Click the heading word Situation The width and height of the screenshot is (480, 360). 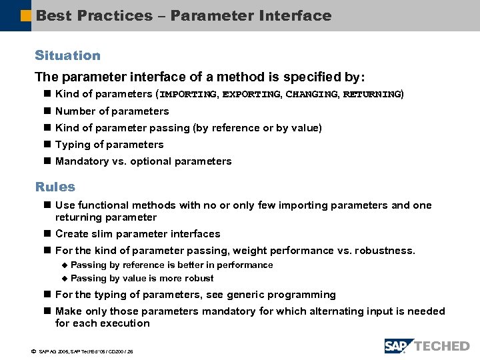(x=67, y=56)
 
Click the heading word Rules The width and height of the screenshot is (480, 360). (x=55, y=187)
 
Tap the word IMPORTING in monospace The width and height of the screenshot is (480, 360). (x=188, y=95)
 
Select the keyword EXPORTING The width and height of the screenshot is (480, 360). (x=251, y=95)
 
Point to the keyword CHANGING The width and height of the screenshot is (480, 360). (x=312, y=95)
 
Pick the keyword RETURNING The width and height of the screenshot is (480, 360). (x=372, y=95)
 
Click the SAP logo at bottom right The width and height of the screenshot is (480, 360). (x=399, y=346)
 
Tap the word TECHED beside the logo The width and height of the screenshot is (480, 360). (x=442, y=346)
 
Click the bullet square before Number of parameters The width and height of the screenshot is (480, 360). (x=47, y=111)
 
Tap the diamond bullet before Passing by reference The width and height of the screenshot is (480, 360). (x=65, y=265)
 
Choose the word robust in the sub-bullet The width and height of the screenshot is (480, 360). (x=199, y=279)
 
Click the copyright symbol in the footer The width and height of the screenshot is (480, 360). (x=34, y=351)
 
